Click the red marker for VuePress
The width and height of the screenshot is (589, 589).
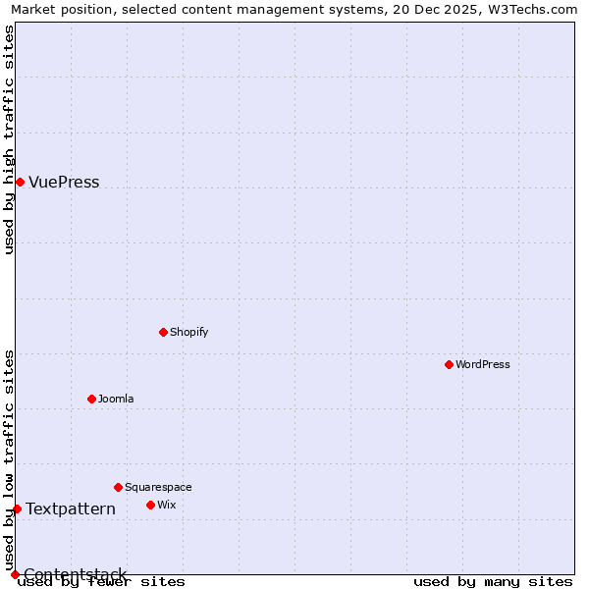[x=20, y=182]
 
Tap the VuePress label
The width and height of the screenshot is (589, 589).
[x=64, y=183]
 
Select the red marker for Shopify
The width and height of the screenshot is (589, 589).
[x=163, y=332]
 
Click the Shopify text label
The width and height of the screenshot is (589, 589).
[x=188, y=332]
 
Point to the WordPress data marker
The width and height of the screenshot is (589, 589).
[x=449, y=364]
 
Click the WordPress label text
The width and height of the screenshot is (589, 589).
[x=482, y=364]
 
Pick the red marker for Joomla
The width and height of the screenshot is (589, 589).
[x=91, y=399]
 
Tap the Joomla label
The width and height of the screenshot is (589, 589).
[x=116, y=399]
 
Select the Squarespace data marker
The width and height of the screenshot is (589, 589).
[x=118, y=487]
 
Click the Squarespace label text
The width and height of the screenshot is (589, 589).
[x=158, y=487]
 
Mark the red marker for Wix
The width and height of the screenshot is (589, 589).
[x=150, y=505]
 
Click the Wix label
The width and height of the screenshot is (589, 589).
[x=166, y=505]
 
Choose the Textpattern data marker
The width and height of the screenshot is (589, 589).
[x=17, y=509]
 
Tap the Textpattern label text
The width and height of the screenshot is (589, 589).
[x=71, y=509]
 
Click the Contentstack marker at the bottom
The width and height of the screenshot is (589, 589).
[x=15, y=574]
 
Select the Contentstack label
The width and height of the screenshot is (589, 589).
[x=76, y=574]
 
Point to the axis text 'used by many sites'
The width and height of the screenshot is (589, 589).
[x=493, y=581]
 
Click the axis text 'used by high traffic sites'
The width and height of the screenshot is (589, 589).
[x=9, y=139]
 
